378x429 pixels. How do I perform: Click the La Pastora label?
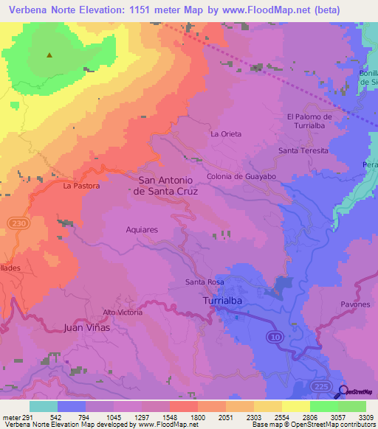pyautogui.click(x=81, y=186)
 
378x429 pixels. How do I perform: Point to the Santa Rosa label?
pyautogui.click(x=205, y=282)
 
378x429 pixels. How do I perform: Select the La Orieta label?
pyautogui.click(x=226, y=134)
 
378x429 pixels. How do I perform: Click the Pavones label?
pyautogui.click(x=355, y=304)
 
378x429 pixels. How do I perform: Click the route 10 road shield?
pyautogui.click(x=275, y=336)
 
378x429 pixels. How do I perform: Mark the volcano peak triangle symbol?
pyautogui.click(x=50, y=55)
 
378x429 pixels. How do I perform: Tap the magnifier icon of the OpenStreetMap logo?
pyautogui.click(x=343, y=392)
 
